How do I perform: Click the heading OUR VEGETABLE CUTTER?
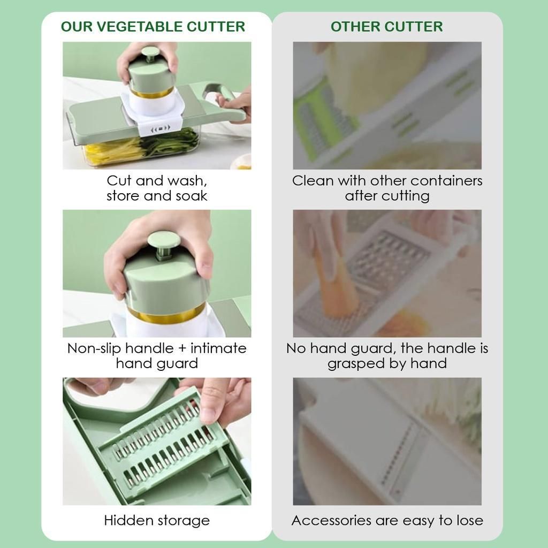(153, 27)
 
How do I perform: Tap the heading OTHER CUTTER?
(386, 27)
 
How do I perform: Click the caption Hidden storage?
(157, 520)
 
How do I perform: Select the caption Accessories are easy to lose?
(387, 520)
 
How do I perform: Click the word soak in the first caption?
(192, 196)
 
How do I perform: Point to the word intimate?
(218, 348)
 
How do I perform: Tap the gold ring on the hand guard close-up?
(166, 315)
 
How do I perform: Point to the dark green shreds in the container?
(171, 141)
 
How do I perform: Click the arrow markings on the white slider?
(161, 128)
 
